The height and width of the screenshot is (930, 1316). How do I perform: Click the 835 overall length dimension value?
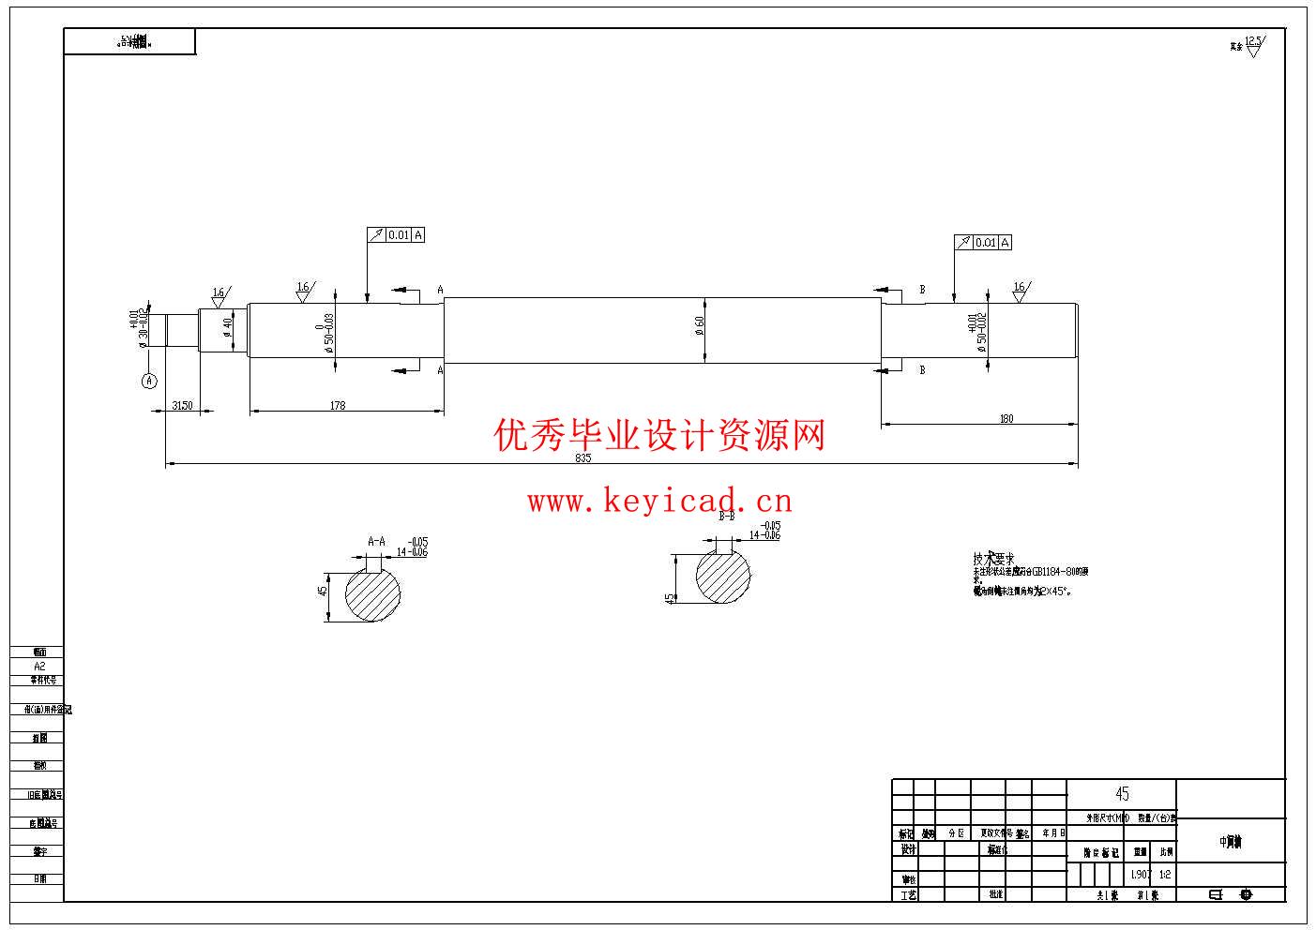point(582,457)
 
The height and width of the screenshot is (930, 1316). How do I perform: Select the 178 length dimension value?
point(338,405)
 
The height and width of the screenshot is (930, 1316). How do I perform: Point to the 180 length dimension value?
point(1006,419)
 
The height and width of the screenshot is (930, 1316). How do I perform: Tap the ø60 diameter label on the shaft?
point(700,324)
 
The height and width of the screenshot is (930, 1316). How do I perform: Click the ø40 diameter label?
point(227,327)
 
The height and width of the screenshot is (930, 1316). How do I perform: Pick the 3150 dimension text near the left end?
point(182,405)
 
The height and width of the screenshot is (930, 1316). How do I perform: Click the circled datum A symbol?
point(148,380)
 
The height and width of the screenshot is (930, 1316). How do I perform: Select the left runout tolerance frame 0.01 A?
point(396,234)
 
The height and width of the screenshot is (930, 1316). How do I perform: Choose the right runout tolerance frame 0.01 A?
point(982,242)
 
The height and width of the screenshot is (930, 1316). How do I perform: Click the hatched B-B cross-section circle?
point(723,577)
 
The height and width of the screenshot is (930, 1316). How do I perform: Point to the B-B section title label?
point(727,516)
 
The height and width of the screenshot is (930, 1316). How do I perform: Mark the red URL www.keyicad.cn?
point(659,502)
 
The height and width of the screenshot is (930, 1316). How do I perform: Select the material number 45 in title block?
point(1122,794)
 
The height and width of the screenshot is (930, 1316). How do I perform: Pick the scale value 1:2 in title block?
point(1165,874)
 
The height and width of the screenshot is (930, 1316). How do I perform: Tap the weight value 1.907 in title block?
point(1141,874)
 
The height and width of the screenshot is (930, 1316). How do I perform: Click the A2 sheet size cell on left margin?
point(39,666)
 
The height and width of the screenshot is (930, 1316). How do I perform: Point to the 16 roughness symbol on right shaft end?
point(1021,289)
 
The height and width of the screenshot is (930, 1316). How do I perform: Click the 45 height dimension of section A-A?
point(323,592)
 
